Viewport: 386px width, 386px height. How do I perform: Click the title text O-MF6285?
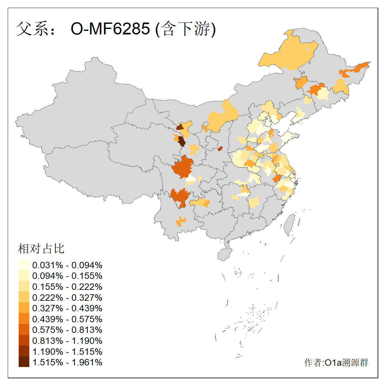click(110, 29)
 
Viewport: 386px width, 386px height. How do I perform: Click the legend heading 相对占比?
click(41, 249)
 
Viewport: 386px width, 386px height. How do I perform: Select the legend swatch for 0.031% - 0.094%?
click(24, 265)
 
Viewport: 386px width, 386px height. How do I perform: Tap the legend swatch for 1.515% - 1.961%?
click(24, 362)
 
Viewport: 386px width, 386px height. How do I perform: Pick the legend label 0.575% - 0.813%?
click(67, 330)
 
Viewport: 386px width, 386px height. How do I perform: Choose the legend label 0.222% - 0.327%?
click(67, 298)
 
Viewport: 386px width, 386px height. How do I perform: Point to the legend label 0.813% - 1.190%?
click(67, 341)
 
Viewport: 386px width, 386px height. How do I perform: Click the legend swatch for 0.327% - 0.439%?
click(24, 308)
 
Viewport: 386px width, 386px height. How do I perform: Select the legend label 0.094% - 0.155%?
click(67, 276)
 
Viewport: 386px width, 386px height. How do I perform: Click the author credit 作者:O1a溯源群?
click(336, 363)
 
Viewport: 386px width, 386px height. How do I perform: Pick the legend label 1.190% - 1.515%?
click(67, 352)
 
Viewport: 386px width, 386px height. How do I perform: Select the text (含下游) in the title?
click(185, 29)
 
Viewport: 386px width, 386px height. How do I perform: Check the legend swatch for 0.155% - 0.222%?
click(24, 287)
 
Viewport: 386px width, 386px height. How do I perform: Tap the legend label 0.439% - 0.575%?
click(67, 319)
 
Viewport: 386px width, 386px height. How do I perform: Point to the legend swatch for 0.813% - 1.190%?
click(24, 341)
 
